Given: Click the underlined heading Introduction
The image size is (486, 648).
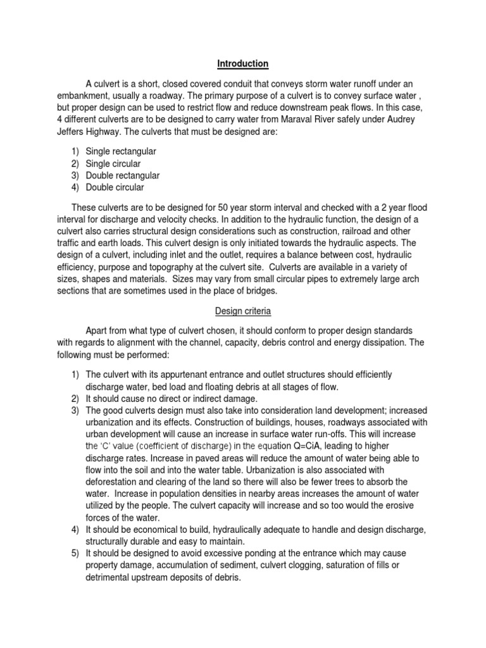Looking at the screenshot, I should [x=243, y=64].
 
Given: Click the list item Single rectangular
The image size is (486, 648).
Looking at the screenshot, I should [x=125, y=152].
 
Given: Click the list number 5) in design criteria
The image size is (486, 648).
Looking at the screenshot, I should [x=75, y=553].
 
